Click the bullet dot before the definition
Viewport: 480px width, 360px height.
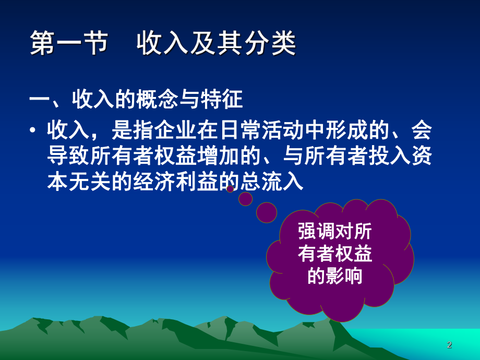[x=34, y=131]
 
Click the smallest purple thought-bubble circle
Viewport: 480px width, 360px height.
[x=230, y=189]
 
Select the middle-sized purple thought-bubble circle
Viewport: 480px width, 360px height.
[x=245, y=199]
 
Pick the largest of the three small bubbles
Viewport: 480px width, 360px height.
[x=267, y=212]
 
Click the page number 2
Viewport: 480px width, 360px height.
[x=449, y=345]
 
